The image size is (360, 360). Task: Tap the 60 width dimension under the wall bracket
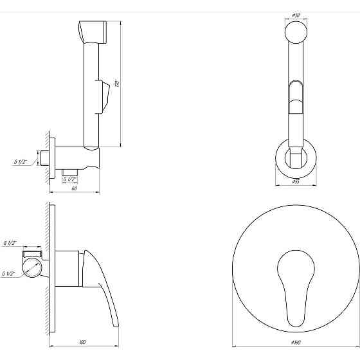point(74,188)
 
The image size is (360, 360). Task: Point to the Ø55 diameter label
point(296,182)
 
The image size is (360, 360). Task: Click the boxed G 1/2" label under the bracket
point(69,179)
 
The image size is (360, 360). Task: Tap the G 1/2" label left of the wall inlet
point(20,163)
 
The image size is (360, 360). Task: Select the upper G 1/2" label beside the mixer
point(10,243)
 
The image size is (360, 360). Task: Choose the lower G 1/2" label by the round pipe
point(8,274)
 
